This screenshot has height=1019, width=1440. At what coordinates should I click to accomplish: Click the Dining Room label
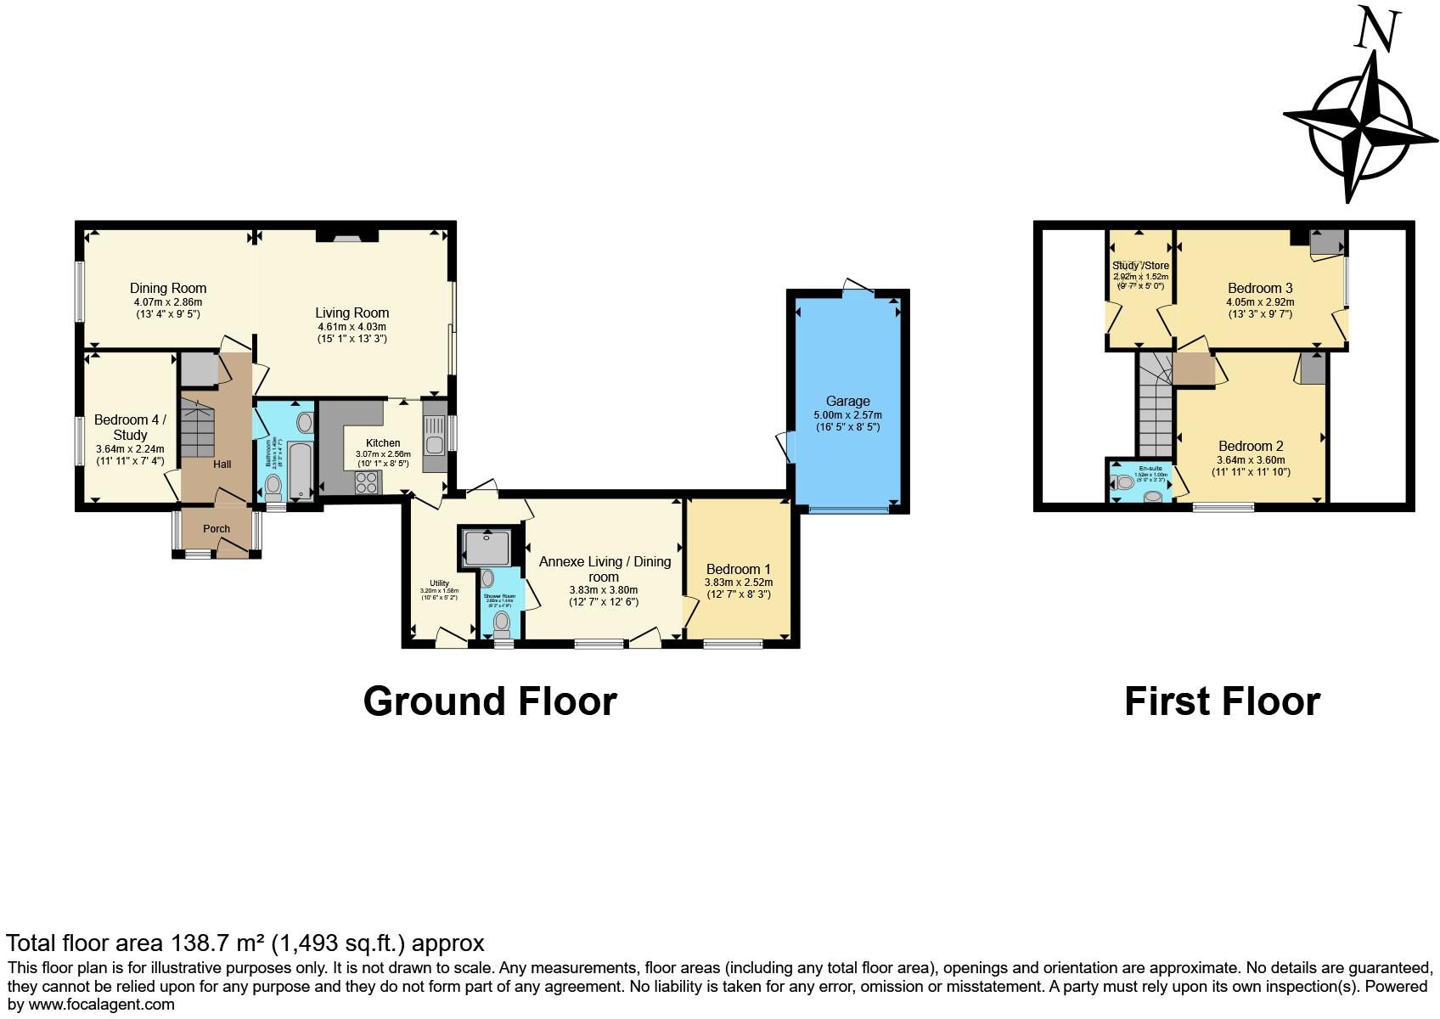168,288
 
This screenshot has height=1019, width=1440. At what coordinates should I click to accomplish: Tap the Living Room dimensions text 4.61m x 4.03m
352,327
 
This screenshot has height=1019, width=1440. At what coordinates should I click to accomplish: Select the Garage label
847,401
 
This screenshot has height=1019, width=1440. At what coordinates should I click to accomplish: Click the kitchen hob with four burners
367,482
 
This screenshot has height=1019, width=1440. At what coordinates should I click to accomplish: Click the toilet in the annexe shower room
502,623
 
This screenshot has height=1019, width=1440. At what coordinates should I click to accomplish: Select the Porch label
217,528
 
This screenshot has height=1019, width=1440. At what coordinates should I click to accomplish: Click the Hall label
222,464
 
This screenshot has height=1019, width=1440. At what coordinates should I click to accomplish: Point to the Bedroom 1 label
738,569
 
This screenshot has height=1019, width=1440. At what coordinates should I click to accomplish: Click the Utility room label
439,583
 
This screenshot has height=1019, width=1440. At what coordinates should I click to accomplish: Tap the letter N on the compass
1375,30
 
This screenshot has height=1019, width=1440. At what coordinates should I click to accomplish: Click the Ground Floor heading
490,701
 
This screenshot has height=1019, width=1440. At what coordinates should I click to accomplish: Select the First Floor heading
1222,701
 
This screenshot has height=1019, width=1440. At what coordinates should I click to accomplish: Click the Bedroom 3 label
1260,288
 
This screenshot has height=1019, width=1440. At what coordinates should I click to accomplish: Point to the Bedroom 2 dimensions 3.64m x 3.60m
1251,460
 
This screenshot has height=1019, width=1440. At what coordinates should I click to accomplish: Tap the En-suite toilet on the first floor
1123,482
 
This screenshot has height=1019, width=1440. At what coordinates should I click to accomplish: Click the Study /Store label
1140,266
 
